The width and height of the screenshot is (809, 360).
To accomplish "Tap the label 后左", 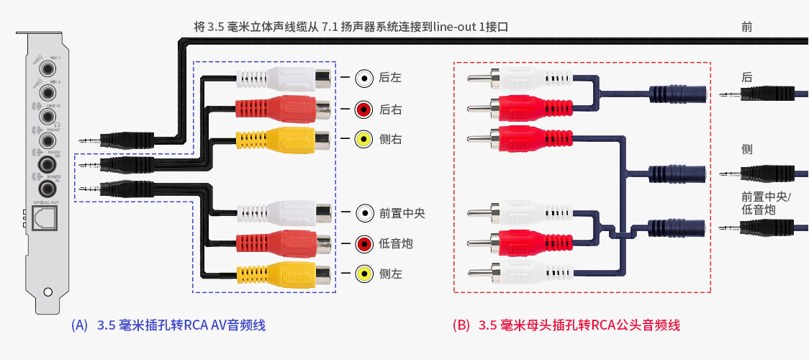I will click(x=390, y=78).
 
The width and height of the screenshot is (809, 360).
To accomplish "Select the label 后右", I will click(x=390, y=109).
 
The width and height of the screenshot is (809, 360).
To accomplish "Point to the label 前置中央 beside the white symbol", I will click(x=402, y=212).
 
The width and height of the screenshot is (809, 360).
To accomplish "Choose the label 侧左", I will click(x=390, y=274).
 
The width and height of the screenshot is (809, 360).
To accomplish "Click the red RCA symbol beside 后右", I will click(x=364, y=109).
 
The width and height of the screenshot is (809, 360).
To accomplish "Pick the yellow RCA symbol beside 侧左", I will click(x=364, y=274).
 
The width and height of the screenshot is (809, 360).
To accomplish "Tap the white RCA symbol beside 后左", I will click(x=364, y=78).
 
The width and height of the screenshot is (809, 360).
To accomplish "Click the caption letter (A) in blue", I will click(x=80, y=325).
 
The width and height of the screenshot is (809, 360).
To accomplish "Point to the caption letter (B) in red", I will click(x=461, y=325).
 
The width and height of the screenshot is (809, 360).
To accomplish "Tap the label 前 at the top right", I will click(x=746, y=27).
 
